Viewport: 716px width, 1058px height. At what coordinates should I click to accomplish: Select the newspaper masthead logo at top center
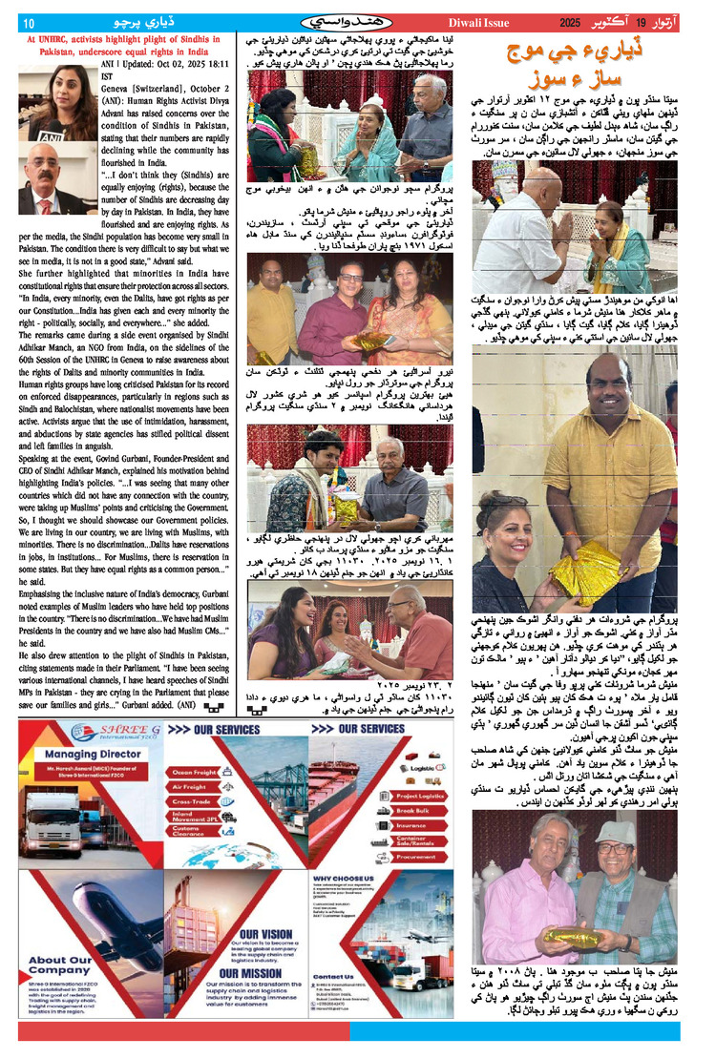[x=354, y=20]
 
